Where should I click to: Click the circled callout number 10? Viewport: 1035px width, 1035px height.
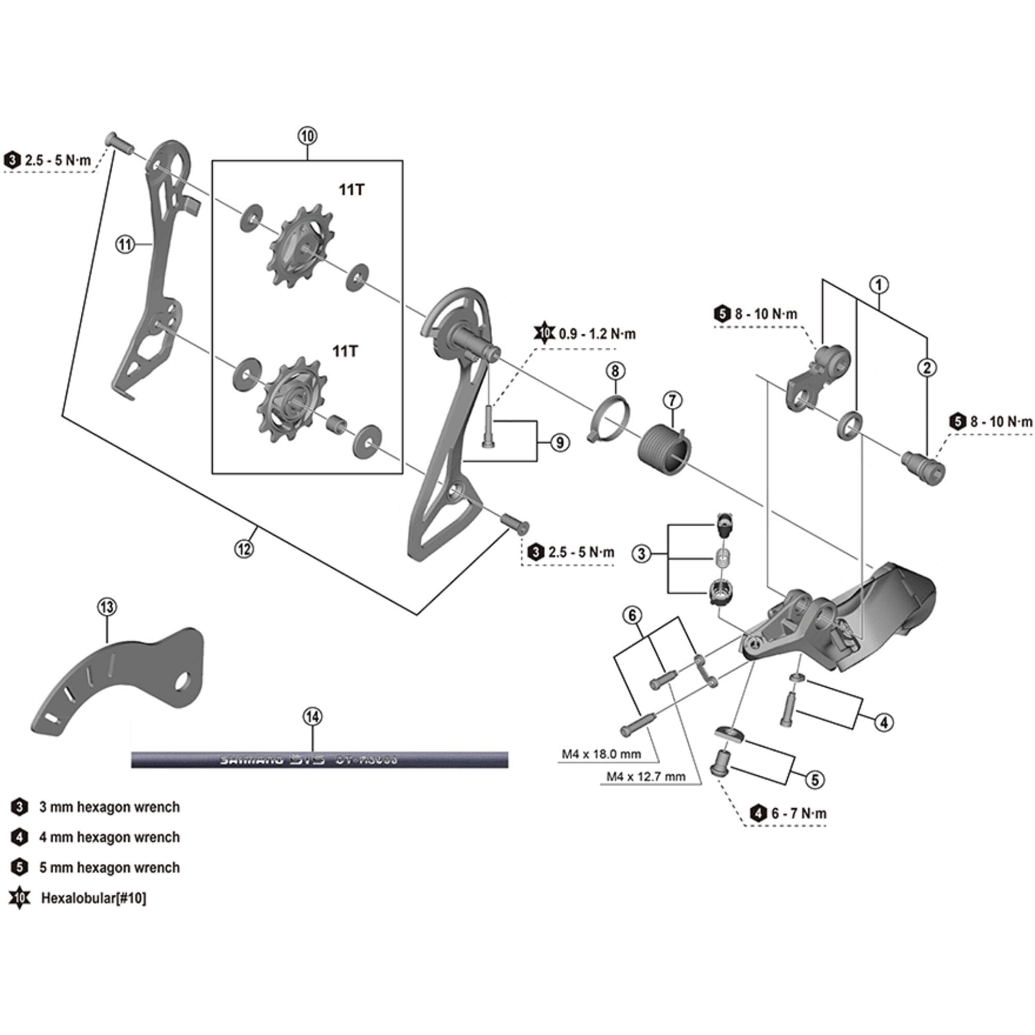pyautogui.click(x=307, y=136)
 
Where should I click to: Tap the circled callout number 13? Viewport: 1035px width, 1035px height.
pyautogui.click(x=107, y=607)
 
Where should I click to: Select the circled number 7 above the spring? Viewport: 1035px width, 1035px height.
pyautogui.click(x=672, y=400)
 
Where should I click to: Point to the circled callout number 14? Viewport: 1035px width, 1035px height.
pyautogui.click(x=313, y=716)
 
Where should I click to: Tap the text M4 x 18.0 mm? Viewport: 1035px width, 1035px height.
pyautogui.click(x=601, y=755)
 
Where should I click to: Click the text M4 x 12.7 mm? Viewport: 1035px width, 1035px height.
pyautogui.click(x=645, y=776)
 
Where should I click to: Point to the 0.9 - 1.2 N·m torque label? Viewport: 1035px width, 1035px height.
pyautogui.click(x=597, y=334)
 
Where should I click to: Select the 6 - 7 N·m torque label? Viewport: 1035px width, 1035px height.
pyautogui.click(x=799, y=813)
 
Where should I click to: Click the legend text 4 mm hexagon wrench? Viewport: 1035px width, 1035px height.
pyautogui.click(x=109, y=837)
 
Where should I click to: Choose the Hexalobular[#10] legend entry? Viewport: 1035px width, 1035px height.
pyautogui.click(x=93, y=898)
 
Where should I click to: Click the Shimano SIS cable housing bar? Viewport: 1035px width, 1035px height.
pyautogui.click(x=319, y=760)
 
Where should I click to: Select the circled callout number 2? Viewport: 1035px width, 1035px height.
pyautogui.click(x=927, y=367)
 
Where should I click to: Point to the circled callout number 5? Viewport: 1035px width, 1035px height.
pyautogui.click(x=815, y=779)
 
